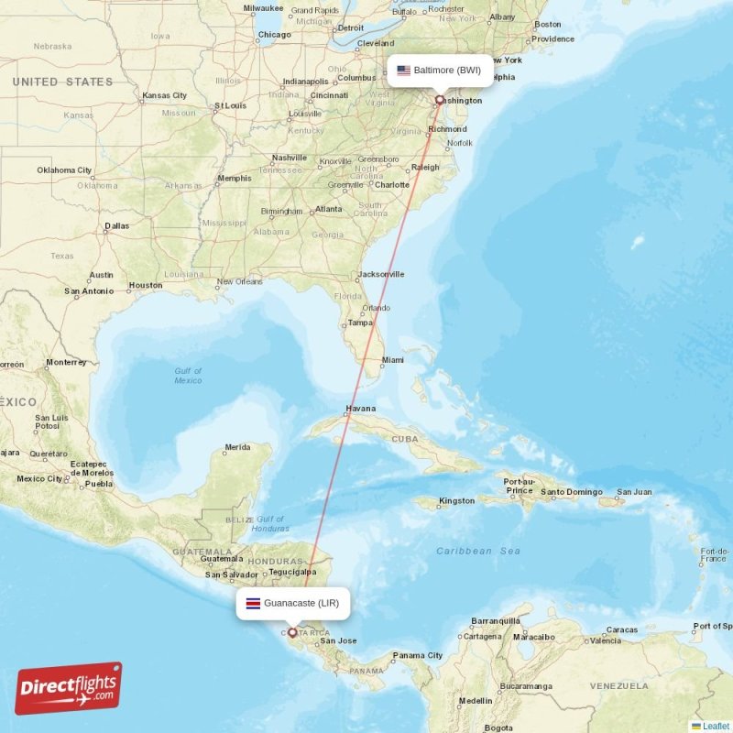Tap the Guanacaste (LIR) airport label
coord(301,603)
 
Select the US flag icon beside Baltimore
coord(403,70)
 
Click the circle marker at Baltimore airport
coord(440,101)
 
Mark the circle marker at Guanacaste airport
coord(293,632)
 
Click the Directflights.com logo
coord(69,688)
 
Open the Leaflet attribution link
coord(715,726)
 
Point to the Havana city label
coord(361,409)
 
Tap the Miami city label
coord(393,360)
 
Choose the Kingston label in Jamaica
coord(457,500)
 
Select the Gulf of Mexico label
coord(188,375)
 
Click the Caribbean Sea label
coord(477,551)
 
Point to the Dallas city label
coord(117,225)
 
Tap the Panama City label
coord(418,655)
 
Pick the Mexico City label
coord(39,478)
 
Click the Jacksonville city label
coord(382,274)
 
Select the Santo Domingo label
coord(572,492)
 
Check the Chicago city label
coord(274,35)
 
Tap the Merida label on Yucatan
coord(237,447)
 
